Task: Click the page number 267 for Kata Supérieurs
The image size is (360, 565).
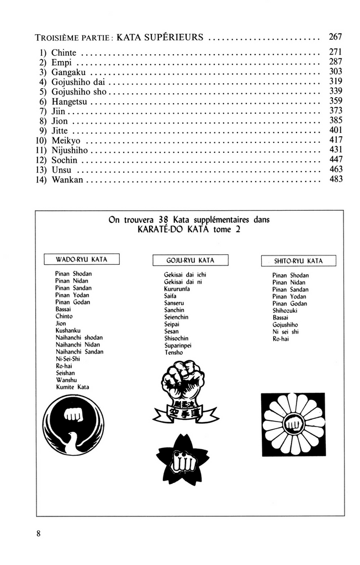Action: tap(335, 38)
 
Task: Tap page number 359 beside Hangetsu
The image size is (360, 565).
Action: tap(335, 102)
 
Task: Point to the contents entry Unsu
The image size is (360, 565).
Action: tap(61, 169)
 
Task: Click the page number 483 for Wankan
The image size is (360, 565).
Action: tap(335, 179)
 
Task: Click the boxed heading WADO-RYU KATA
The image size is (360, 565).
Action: tap(82, 259)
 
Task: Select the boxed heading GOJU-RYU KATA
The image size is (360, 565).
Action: tap(190, 260)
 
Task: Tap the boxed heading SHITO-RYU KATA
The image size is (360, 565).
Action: tap(298, 261)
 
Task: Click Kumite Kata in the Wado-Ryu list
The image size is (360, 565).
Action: tap(72, 387)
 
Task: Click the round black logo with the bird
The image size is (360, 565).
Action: tap(73, 425)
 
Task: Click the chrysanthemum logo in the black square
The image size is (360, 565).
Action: tap(293, 425)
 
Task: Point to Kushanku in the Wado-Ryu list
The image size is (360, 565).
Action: tap(68, 331)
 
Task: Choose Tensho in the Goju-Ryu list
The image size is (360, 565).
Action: tap(173, 353)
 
